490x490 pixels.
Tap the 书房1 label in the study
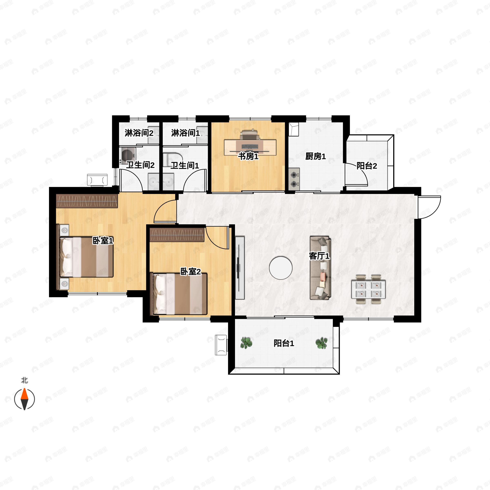[248, 156]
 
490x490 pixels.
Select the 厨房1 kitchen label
[315, 156]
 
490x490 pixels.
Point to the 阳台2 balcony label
[367, 166]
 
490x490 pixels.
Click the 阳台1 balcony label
[284, 343]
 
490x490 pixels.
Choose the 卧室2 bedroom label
[190, 272]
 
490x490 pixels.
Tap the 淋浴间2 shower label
[139, 133]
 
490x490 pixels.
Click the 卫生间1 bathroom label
[185, 166]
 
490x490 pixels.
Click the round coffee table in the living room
[281, 268]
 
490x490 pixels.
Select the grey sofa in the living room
[321, 268]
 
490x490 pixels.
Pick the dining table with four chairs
[369, 289]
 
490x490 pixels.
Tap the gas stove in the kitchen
[294, 179]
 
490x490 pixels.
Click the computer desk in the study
[250, 147]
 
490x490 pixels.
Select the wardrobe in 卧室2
[177, 235]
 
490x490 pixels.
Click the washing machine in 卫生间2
[127, 154]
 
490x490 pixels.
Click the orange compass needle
[24, 400]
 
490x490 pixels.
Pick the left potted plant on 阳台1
[246, 343]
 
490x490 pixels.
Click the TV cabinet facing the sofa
[240, 268]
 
